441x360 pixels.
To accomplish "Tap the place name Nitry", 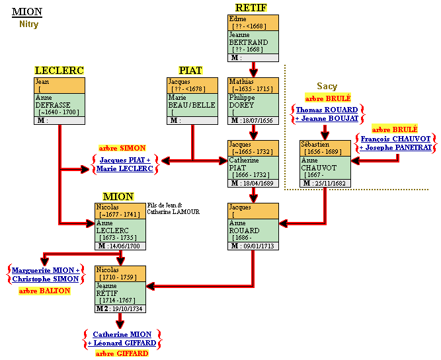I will [x=28, y=24].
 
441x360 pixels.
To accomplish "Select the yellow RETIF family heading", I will [x=251, y=8].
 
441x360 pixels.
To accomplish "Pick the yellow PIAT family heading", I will [x=190, y=71].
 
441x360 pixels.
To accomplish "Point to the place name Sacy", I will [x=327, y=86].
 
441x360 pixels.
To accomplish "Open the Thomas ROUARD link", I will [x=327, y=110].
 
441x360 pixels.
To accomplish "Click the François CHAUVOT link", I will [x=396, y=139].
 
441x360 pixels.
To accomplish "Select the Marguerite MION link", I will [x=46, y=270].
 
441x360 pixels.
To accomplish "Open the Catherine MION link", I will [x=122, y=334].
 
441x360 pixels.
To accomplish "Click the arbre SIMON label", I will [x=122, y=148].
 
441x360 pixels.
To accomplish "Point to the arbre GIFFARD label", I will [x=122, y=353].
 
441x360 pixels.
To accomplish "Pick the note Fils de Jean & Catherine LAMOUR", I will [x=173, y=208].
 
